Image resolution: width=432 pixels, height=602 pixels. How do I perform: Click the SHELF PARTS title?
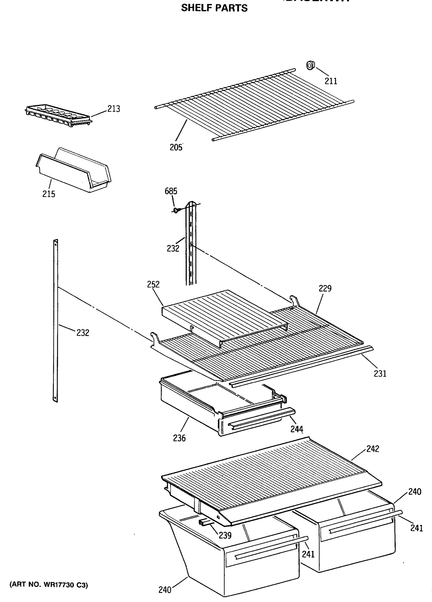coord(214,8)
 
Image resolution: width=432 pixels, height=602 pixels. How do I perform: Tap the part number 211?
coord(331,81)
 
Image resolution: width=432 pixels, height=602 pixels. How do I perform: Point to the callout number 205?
coord(176,147)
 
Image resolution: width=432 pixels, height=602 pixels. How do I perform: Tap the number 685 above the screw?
coord(171,191)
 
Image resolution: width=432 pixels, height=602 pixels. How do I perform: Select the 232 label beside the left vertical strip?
coord(83,333)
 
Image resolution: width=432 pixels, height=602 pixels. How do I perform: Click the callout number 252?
coord(153,284)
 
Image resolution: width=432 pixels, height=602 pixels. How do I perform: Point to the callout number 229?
coord(325,288)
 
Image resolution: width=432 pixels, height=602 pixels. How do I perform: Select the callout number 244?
coord(296,429)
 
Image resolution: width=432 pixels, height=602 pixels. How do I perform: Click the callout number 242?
coord(373,449)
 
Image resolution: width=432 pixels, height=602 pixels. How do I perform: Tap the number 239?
coord(225,535)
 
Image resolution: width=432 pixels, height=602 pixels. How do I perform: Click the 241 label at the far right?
coord(416,528)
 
